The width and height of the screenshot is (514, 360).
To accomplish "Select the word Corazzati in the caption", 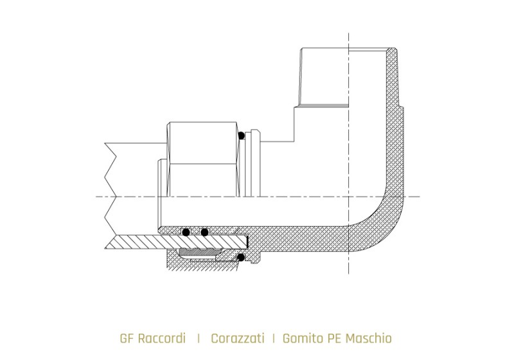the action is [237, 338].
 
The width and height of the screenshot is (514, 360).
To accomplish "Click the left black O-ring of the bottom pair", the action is [186, 232].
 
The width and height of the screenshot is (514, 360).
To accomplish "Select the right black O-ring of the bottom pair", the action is [204, 232].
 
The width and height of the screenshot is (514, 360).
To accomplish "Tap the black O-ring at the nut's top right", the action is [242, 136].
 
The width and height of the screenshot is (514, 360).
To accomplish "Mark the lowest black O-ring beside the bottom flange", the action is [241, 258].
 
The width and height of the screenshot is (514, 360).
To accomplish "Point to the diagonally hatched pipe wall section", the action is [177, 242].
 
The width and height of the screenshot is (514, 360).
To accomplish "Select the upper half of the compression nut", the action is [202, 143].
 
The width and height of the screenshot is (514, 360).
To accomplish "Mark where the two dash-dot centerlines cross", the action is [348, 197].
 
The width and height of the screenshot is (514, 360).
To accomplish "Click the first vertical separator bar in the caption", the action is [199, 339].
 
